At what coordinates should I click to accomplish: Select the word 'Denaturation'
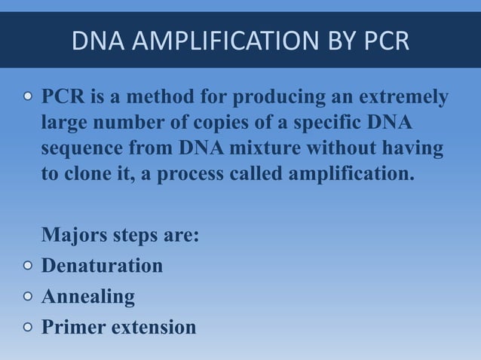102,267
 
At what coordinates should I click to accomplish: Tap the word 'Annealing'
88,297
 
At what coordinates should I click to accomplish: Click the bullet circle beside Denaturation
27,267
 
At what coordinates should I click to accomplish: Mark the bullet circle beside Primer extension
27,328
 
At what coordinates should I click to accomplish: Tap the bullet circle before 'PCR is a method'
27,98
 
